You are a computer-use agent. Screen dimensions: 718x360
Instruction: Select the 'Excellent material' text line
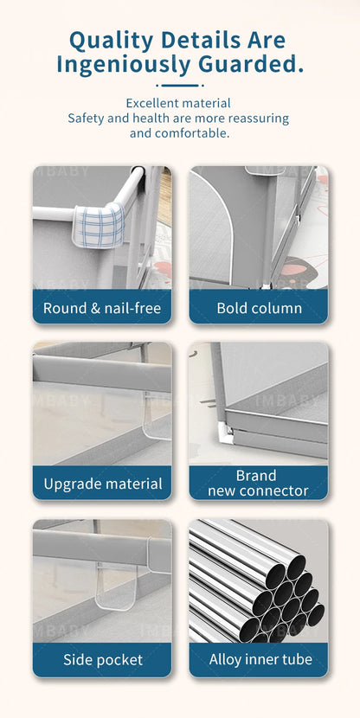pyautogui.click(x=180, y=102)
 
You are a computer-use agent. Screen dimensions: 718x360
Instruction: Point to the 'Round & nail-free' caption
pyautogui.click(x=102, y=308)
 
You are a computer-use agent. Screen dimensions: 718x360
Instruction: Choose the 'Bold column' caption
pyautogui.click(x=259, y=308)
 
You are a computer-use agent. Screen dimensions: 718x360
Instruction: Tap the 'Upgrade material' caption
pyautogui.click(x=102, y=484)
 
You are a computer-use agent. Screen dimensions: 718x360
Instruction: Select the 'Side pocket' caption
pyautogui.click(x=102, y=660)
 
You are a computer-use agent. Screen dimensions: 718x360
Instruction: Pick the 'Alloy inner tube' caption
pyautogui.click(x=259, y=660)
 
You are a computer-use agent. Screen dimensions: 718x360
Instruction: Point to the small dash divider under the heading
pyautogui.click(x=180, y=85)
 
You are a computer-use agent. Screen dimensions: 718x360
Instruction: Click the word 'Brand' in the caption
pyautogui.click(x=256, y=475)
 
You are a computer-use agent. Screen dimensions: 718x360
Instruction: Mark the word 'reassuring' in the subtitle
pyautogui.click(x=256, y=118)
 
